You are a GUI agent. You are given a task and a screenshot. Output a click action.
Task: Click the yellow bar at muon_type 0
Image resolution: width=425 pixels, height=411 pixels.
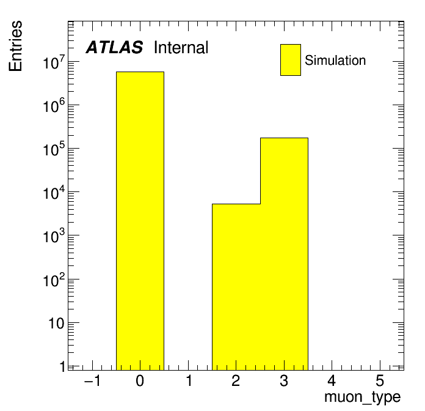click(140, 221)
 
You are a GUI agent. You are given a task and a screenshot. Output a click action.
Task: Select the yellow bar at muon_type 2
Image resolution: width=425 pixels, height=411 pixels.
click(236, 287)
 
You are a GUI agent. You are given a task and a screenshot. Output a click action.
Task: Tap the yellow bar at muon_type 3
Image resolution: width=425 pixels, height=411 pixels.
click(284, 254)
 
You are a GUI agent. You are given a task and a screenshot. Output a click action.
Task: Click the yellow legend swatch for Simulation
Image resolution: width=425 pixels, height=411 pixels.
click(291, 60)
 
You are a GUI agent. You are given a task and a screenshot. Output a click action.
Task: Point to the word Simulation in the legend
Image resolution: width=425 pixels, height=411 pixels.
click(335, 60)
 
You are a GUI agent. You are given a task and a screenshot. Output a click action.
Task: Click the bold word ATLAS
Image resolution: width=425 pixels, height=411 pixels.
click(114, 47)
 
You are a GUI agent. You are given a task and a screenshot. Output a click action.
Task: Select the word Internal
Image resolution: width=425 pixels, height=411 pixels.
click(181, 47)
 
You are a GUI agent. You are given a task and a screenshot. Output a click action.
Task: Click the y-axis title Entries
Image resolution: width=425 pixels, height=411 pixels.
click(15, 46)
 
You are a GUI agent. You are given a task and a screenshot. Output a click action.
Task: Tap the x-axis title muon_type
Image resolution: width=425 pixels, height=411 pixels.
click(362, 398)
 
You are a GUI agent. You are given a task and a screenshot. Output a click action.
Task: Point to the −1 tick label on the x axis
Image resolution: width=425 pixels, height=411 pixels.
click(93, 380)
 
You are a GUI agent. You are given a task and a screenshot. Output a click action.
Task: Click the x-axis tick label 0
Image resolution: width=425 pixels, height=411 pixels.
click(140, 380)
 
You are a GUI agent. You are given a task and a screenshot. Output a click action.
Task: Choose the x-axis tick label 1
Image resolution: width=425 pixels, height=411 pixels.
click(189, 380)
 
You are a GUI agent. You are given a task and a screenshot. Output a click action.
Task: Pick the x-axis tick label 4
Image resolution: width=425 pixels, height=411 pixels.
click(332, 380)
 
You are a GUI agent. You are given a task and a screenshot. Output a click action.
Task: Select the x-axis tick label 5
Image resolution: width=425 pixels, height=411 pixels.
click(380, 380)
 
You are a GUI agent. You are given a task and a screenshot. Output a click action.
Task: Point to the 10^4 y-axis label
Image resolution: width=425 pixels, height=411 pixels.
click(54, 193)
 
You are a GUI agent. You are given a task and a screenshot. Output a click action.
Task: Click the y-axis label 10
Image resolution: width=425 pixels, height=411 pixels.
click(56, 324)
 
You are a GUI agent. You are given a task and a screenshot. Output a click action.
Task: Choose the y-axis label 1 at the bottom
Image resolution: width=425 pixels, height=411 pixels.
click(63, 367)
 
